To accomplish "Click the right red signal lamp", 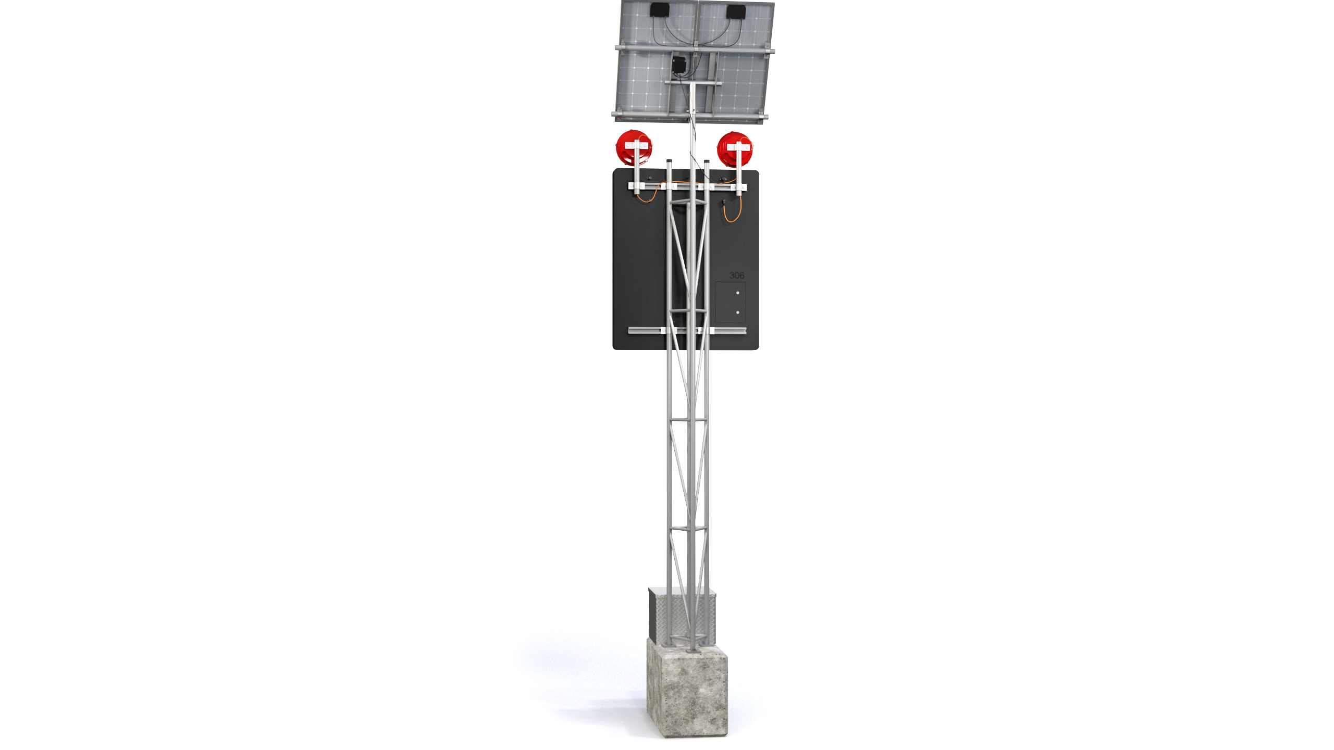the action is point(735,149).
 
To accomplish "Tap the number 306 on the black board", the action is point(737,276).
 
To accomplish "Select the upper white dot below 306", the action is point(737,293).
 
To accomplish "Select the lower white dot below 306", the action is point(737,312).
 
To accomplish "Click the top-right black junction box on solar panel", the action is point(736,11).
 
